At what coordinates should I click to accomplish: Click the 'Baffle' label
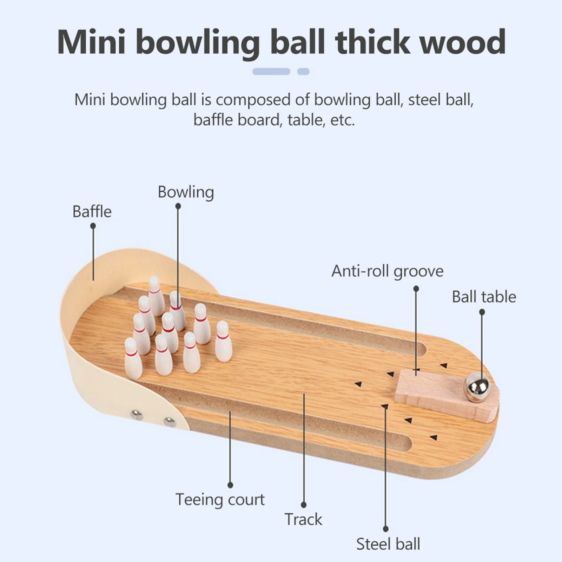pyautogui.click(x=92, y=212)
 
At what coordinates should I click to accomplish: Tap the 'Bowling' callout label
pyautogui.click(x=186, y=192)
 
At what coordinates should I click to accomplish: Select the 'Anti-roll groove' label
pyautogui.click(x=387, y=271)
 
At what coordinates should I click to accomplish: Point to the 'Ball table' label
pyautogui.click(x=484, y=297)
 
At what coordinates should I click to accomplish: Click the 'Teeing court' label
pyautogui.click(x=220, y=500)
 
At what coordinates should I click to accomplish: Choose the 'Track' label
pyautogui.click(x=303, y=519)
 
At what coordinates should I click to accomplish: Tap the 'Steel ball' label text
pyautogui.click(x=388, y=544)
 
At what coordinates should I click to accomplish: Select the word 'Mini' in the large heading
pyautogui.click(x=91, y=42)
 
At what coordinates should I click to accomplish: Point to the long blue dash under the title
pyautogui.click(x=271, y=72)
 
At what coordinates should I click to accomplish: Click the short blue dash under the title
pyautogui.click(x=303, y=72)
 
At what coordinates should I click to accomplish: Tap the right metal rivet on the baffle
pyautogui.click(x=170, y=421)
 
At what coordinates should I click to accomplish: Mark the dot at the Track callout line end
pyautogui.click(x=304, y=505)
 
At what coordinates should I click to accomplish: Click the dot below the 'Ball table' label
pyautogui.click(x=482, y=312)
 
